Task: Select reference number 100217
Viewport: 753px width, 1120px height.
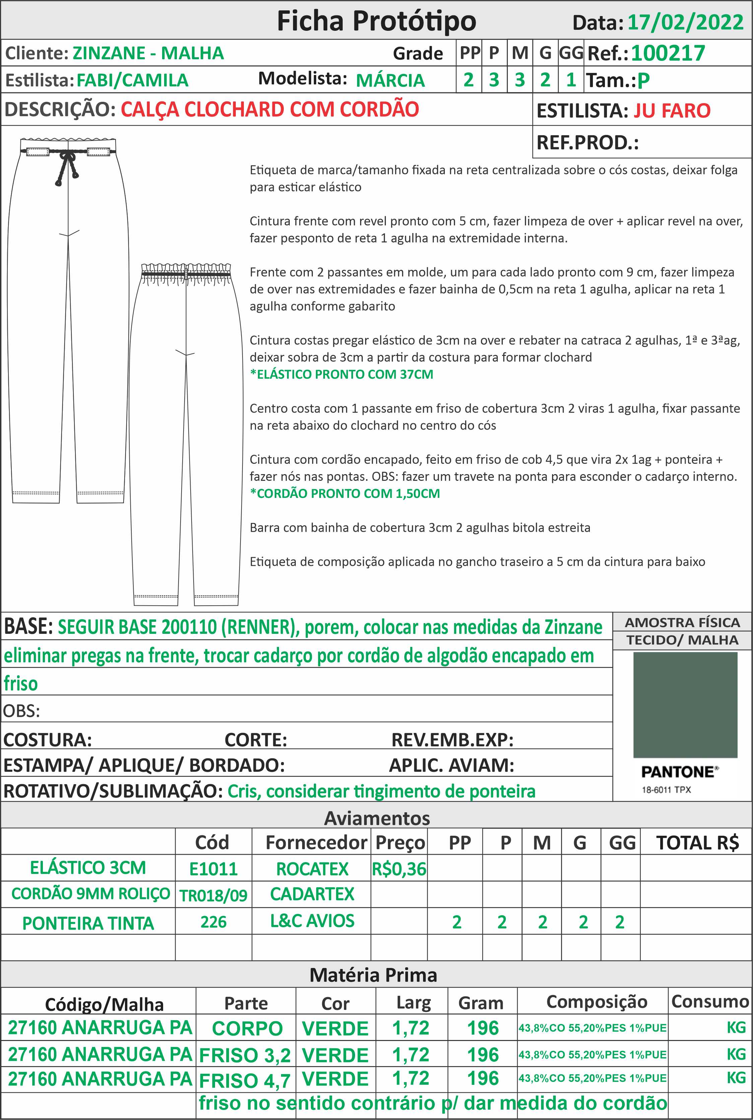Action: click(668, 53)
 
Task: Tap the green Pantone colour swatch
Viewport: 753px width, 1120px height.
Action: click(685, 704)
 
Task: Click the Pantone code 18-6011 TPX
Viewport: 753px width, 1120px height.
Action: click(666, 790)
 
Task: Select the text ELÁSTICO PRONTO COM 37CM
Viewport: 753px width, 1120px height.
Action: click(341, 374)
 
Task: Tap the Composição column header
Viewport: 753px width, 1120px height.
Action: click(597, 1001)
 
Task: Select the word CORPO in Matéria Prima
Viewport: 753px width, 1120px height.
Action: click(247, 1028)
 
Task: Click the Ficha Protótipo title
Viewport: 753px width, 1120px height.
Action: click(376, 21)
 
